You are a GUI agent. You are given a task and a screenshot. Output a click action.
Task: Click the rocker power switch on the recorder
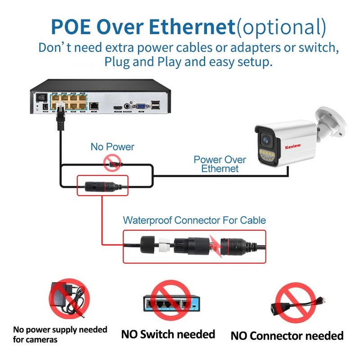coord(41,97)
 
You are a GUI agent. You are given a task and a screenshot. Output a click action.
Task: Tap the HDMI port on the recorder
coord(118,108)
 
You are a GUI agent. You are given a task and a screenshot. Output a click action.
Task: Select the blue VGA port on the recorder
coord(140,107)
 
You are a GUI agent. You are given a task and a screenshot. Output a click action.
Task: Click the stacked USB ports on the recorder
coord(155,105)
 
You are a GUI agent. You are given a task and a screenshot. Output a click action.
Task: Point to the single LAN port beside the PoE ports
coord(94,106)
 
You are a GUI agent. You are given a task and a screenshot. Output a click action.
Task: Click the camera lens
coord(266,139)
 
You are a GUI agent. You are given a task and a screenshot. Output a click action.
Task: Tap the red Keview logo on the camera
coord(293,147)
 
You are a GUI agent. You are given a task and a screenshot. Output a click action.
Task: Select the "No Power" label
coord(112,147)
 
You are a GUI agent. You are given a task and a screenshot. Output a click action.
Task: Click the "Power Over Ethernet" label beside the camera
coord(220,164)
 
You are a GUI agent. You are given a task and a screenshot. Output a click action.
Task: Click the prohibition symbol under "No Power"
coord(112,163)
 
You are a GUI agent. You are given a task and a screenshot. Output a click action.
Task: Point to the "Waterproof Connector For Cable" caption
coord(194,220)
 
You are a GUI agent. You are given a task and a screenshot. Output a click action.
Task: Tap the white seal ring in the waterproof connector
coord(164,245)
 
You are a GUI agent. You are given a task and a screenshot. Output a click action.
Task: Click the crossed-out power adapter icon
coord(69,299)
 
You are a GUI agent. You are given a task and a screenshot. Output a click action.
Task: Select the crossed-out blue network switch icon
coord(171,300)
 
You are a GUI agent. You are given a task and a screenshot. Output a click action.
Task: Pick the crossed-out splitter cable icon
coord(296,303)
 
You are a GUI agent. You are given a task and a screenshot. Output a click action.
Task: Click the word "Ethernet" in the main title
coord(192,27)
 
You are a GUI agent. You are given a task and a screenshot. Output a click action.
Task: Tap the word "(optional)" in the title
coord(281,27)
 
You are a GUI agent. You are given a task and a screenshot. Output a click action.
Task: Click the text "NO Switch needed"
coord(168,334)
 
